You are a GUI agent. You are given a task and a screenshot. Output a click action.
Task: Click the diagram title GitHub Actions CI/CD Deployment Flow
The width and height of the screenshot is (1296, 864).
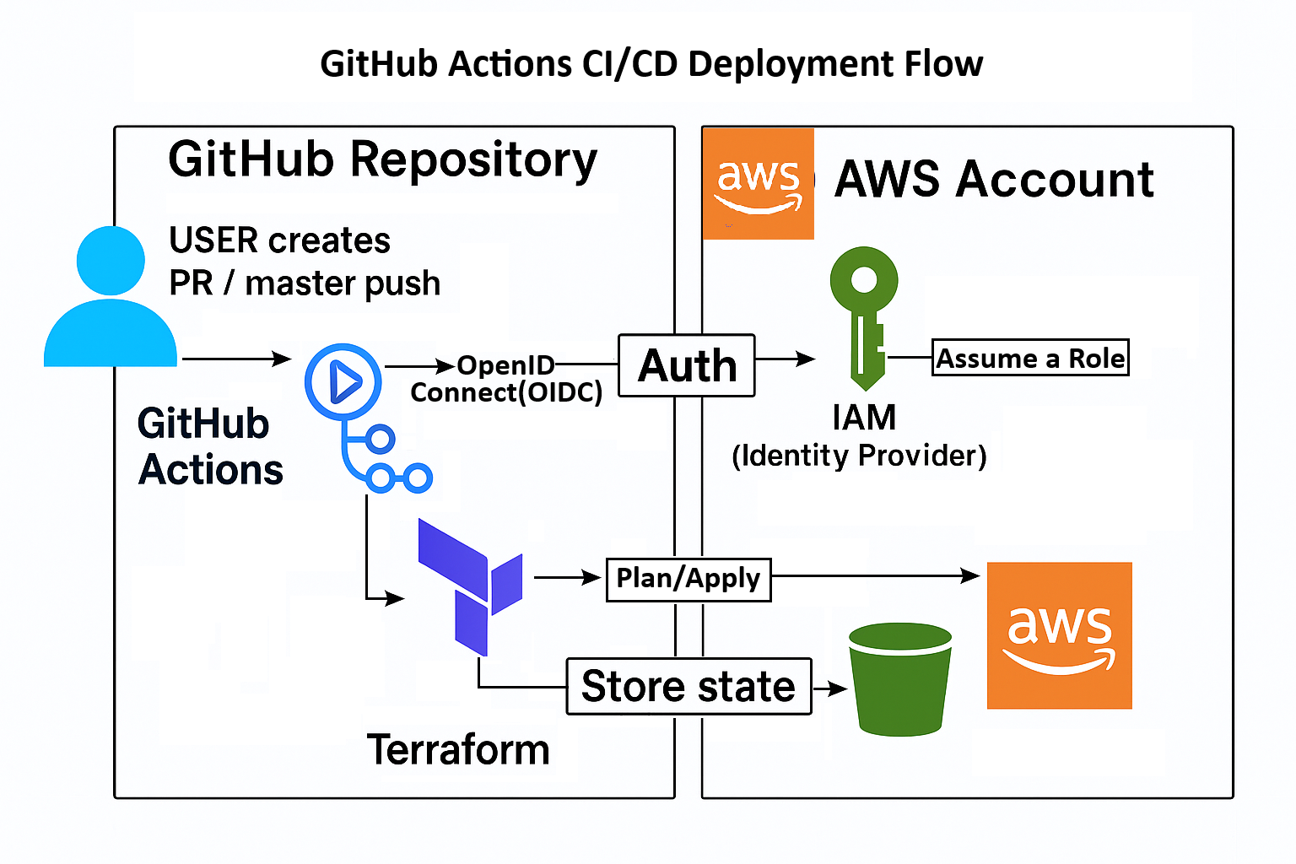point(651,64)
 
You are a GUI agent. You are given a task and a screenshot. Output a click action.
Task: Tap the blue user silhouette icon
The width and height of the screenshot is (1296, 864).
point(111,300)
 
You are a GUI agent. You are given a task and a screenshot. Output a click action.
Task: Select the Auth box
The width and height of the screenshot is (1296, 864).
point(687,365)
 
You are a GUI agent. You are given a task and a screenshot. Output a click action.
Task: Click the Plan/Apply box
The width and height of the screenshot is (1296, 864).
point(688,579)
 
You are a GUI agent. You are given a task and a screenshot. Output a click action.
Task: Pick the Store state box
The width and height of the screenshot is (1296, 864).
point(688,686)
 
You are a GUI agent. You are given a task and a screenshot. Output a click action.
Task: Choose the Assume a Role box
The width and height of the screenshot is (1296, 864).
point(1030,358)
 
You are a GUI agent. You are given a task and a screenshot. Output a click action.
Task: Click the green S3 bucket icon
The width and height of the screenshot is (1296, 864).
point(899,679)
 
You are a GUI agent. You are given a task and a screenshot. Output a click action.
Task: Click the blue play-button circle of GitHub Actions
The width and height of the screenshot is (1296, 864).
point(343,382)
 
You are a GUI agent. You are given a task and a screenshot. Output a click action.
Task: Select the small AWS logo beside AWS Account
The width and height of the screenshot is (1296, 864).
point(758,184)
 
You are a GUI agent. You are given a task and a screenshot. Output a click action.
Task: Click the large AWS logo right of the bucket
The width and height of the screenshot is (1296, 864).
point(1059,635)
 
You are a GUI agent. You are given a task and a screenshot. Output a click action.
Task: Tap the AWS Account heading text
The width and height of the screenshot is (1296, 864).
point(994,179)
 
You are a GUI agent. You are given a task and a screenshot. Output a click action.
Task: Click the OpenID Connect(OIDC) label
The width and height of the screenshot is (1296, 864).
point(506,379)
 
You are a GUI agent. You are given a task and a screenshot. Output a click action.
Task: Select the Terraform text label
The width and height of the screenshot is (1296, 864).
point(458,749)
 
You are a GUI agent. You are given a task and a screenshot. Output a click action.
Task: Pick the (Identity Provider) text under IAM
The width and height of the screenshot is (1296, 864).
point(859,456)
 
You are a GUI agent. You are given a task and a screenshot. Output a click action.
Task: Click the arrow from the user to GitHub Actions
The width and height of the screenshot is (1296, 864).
point(236,359)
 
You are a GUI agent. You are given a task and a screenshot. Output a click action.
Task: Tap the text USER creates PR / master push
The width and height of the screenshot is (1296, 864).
point(305,262)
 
